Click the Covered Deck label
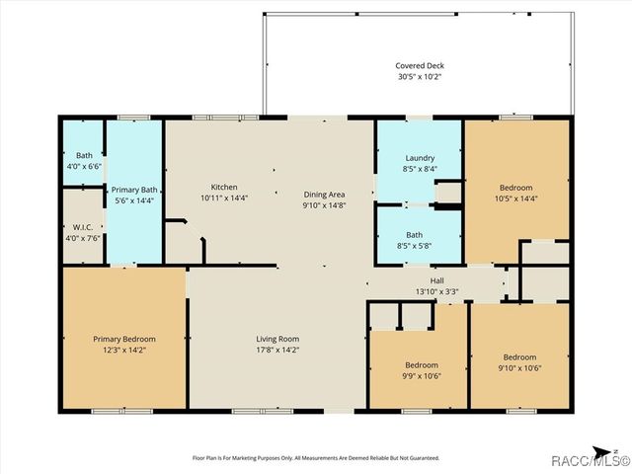(x=420, y=66)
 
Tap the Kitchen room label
(x=224, y=188)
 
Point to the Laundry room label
(x=420, y=159)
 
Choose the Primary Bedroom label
(x=124, y=339)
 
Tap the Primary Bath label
(x=134, y=190)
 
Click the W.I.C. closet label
(x=83, y=227)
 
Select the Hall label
(x=436, y=280)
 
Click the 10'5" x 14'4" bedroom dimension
(x=515, y=198)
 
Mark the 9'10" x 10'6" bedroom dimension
(x=519, y=368)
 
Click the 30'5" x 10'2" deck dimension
(x=420, y=77)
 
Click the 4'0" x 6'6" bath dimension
(x=83, y=166)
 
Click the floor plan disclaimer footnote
(x=315, y=457)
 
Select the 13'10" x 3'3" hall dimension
(x=436, y=291)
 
